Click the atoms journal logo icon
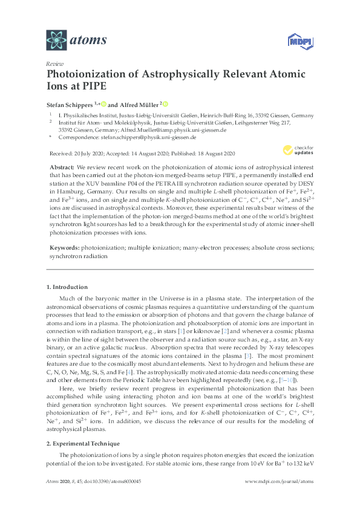(56, 40)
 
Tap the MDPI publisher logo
(295, 41)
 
